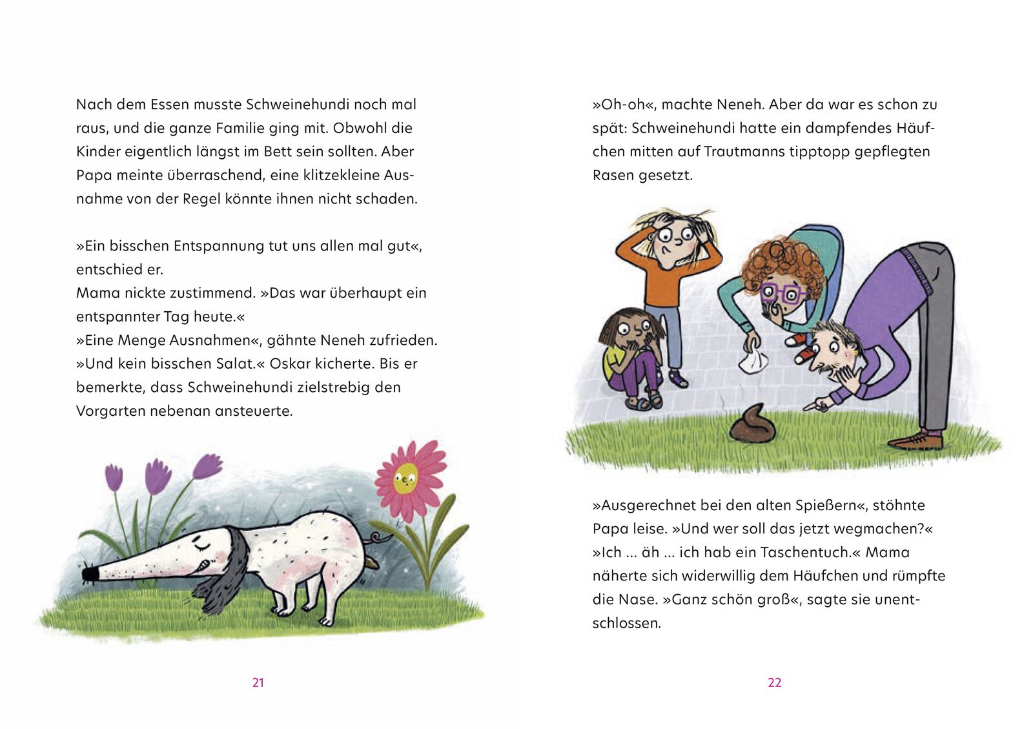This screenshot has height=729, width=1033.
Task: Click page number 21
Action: (258, 683)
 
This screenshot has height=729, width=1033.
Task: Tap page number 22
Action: (775, 683)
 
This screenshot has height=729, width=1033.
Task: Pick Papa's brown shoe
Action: (917, 441)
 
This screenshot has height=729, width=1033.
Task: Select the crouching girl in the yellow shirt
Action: (629, 358)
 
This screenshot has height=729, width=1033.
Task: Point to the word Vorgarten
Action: (110, 411)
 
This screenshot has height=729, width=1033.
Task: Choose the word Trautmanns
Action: (744, 152)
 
